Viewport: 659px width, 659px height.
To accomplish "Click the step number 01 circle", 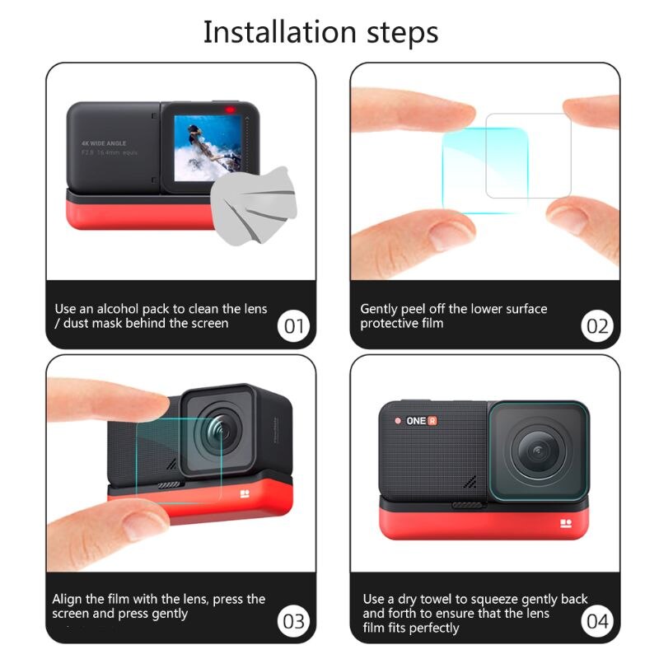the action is click(x=293, y=325).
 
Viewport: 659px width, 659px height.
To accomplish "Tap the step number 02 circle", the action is click(x=597, y=325).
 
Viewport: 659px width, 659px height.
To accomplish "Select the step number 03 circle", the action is click(x=293, y=621).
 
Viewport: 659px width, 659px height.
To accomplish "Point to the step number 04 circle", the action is click(x=597, y=621).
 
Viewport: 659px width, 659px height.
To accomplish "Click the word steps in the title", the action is click(x=403, y=34).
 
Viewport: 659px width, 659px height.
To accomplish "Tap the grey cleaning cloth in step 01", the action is click(x=254, y=205).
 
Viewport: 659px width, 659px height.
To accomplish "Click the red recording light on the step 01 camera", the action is click(x=231, y=110).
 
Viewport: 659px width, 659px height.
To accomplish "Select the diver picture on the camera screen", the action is click(x=208, y=148).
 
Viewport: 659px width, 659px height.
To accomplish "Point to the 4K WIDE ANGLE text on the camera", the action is click(x=104, y=143).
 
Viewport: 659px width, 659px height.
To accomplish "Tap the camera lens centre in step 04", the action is click(x=538, y=452).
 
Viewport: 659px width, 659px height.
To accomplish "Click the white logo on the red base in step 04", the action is click(x=566, y=523).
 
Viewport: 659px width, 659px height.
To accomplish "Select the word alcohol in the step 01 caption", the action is click(x=117, y=309).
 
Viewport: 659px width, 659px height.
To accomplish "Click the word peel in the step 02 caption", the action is click(x=414, y=311).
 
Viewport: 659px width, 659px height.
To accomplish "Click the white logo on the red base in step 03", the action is click(x=245, y=493).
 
